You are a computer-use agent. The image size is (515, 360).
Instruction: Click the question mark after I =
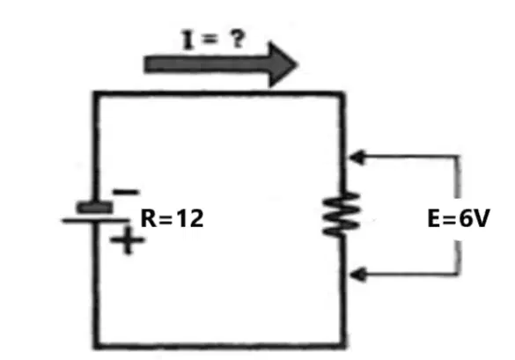click(x=238, y=39)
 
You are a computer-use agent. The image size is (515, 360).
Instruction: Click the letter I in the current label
click(x=188, y=40)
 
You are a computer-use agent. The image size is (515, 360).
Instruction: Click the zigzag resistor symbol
click(x=342, y=215)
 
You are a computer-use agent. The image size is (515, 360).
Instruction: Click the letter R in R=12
click(x=149, y=218)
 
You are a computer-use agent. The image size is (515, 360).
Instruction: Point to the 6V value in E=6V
click(x=475, y=218)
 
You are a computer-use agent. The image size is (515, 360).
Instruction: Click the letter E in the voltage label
click(x=435, y=218)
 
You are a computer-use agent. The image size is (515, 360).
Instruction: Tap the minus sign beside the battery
click(x=126, y=192)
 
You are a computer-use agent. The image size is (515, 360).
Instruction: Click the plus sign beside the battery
click(x=127, y=240)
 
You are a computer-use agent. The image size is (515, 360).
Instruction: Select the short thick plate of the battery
click(x=94, y=208)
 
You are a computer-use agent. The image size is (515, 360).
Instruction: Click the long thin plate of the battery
click(x=96, y=221)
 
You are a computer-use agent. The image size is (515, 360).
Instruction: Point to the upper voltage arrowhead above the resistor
click(x=357, y=157)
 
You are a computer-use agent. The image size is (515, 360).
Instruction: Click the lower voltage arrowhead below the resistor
click(x=357, y=275)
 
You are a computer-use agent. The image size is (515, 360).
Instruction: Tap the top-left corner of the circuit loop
click(x=96, y=93)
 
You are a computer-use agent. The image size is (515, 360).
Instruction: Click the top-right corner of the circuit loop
click(x=342, y=94)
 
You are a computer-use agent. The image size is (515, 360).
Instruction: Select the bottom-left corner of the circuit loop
click(x=96, y=346)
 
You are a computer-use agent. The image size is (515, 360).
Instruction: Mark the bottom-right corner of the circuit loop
click(x=342, y=345)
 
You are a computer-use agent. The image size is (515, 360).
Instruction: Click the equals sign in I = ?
click(x=210, y=40)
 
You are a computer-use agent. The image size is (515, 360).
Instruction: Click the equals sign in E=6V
click(x=450, y=219)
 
